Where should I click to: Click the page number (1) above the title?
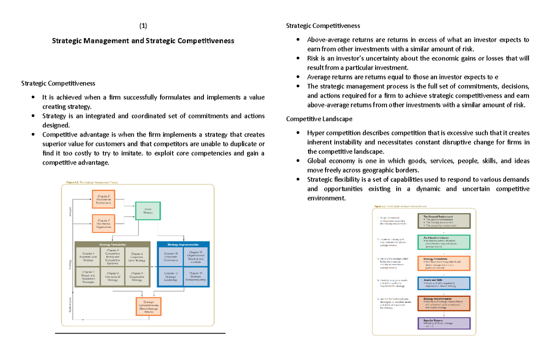pos(143,26)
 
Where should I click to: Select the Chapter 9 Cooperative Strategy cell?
pos(137,277)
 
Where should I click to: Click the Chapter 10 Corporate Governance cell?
pos(170,257)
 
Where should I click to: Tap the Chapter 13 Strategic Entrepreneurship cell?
pos(196,277)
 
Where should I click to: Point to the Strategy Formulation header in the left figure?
pos(112,244)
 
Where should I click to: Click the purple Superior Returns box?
pos(444,323)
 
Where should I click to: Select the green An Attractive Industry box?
pos(444,242)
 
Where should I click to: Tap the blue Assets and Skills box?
pos(444,283)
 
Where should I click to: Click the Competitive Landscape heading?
pos(319,119)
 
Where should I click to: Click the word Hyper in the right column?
pos(316,133)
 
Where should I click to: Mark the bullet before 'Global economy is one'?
pos(298,161)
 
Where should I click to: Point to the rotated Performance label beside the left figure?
pos(71,305)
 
